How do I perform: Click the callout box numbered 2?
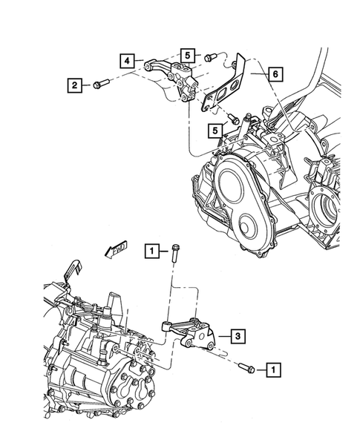(x=74, y=85)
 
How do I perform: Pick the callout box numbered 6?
(x=275, y=74)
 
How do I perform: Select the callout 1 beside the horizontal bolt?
(x=274, y=368)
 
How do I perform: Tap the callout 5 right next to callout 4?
(x=187, y=55)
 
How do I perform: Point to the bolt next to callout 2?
(x=101, y=84)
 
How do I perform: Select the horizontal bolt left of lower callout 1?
(x=246, y=367)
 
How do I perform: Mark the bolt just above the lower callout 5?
(x=233, y=116)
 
